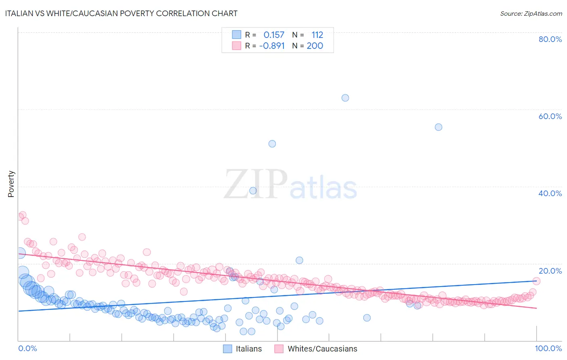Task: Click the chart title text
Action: tap(121, 13)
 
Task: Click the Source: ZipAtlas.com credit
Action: tap(531, 13)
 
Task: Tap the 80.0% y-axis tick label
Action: tap(550, 39)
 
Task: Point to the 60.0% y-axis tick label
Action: tap(550, 116)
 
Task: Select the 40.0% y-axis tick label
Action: tap(550, 193)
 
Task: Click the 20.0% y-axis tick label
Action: tap(550, 271)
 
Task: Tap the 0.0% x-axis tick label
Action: tap(27, 348)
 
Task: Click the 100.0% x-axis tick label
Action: tap(548, 348)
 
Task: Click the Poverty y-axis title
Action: tap(11, 184)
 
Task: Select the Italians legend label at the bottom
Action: tap(248, 349)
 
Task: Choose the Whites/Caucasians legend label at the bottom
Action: tap(322, 349)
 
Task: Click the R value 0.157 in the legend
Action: tap(274, 35)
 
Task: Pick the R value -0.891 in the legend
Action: tap(272, 46)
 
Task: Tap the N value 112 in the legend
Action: tap(317, 35)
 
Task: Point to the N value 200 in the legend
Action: tap(315, 46)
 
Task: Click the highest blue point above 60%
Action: tap(345, 98)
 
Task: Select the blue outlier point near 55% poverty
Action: tap(438, 127)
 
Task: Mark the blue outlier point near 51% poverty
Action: tap(272, 144)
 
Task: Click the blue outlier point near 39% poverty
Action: tap(253, 191)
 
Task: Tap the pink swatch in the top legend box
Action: tap(236, 46)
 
